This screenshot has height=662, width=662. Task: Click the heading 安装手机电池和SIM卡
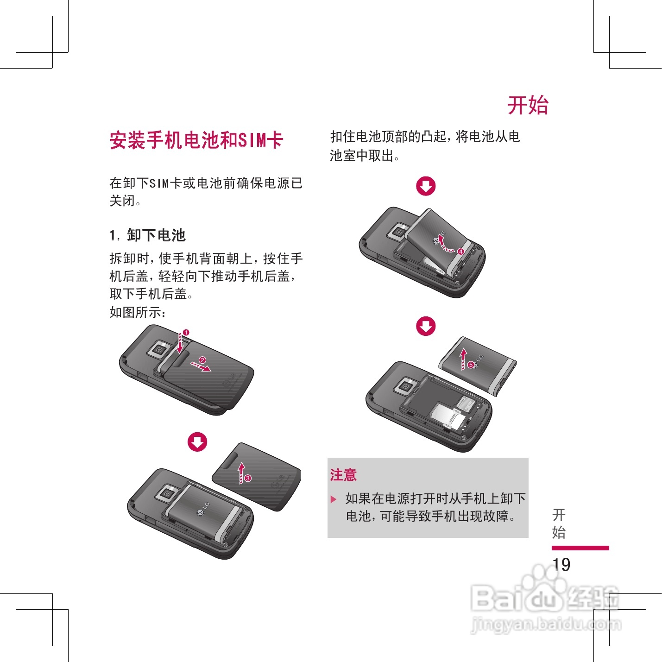pyautogui.click(x=196, y=140)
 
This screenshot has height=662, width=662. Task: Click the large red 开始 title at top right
pyautogui.click(x=528, y=105)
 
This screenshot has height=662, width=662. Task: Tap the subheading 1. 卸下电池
pyautogui.click(x=148, y=235)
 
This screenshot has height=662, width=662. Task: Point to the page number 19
pyautogui.click(x=561, y=564)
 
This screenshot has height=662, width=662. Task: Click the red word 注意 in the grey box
pyautogui.click(x=344, y=475)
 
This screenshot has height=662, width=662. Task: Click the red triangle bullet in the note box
pyautogui.click(x=333, y=499)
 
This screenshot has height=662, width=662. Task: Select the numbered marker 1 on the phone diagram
pyautogui.click(x=186, y=333)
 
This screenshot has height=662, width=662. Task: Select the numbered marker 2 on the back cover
pyautogui.click(x=202, y=360)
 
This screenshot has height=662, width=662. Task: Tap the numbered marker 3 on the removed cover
pyautogui.click(x=248, y=478)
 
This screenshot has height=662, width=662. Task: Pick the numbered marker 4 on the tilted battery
pyautogui.click(x=460, y=252)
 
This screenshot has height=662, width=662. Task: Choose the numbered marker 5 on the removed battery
pyautogui.click(x=471, y=365)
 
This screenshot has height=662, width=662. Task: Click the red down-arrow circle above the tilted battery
pyautogui.click(x=426, y=186)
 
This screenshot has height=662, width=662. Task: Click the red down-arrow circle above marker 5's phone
pyautogui.click(x=426, y=326)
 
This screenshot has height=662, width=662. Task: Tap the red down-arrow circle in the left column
pyautogui.click(x=197, y=442)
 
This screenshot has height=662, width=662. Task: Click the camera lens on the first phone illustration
pyautogui.click(x=159, y=349)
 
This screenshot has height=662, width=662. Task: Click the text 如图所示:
pyautogui.click(x=138, y=313)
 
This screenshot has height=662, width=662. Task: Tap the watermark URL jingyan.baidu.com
pyautogui.click(x=546, y=624)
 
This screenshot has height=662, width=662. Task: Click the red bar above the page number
pyautogui.click(x=580, y=548)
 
